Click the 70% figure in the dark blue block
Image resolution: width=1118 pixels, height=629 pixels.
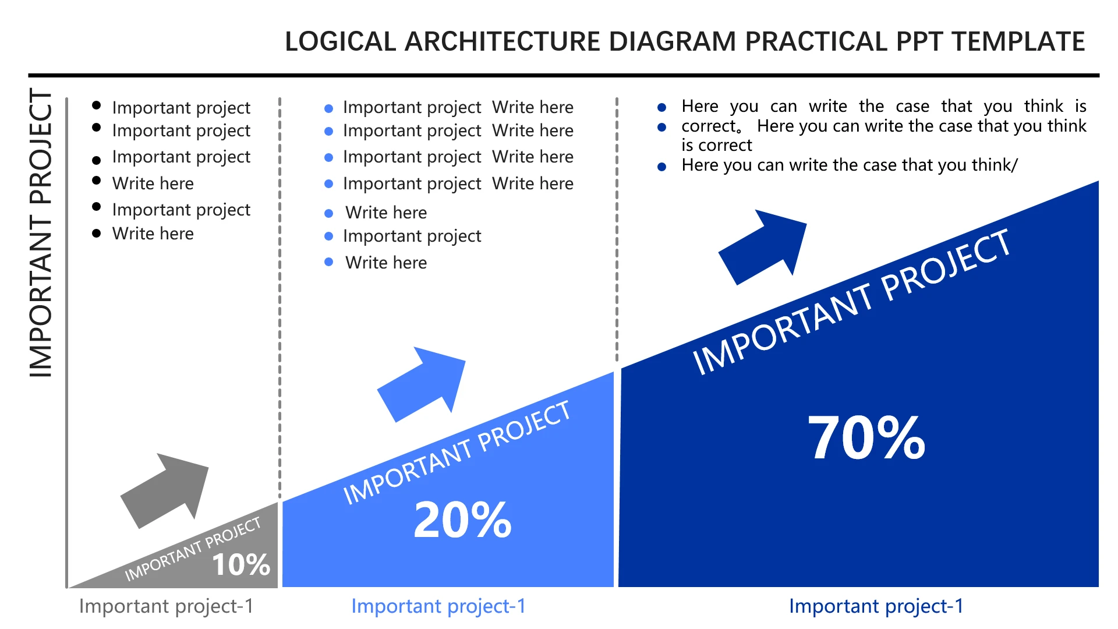tap(866, 437)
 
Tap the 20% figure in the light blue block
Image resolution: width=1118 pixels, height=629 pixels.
tap(462, 520)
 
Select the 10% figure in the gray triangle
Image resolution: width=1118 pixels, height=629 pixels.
tap(241, 564)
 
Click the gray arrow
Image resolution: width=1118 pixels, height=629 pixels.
tap(165, 490)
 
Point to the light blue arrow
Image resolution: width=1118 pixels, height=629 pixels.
tap(422, 384)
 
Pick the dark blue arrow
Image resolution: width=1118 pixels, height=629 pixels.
tap(763, 247)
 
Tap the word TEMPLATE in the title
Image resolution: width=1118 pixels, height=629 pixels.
tap(1018, 42)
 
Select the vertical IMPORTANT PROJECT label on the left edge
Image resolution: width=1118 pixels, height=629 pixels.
tap(41, 233)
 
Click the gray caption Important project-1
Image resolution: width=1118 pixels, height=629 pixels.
tap(167, 606)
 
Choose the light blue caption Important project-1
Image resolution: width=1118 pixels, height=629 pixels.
tap(438, 606)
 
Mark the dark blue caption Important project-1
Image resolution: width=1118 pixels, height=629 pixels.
tap(876, 606)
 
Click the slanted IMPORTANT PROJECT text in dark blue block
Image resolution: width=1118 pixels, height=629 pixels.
tap(851, 302)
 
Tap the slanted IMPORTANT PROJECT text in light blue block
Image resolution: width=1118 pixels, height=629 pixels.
tap(457, 453)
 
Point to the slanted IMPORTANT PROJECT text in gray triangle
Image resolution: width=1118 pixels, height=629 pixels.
tap(193, 549)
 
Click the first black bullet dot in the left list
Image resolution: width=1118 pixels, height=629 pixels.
tap(97, 105)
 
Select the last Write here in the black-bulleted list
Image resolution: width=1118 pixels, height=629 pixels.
tap(153, 234)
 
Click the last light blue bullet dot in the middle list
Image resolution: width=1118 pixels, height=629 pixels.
tap(329, 262)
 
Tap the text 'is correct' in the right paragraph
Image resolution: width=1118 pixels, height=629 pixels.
tap(717, 145)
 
